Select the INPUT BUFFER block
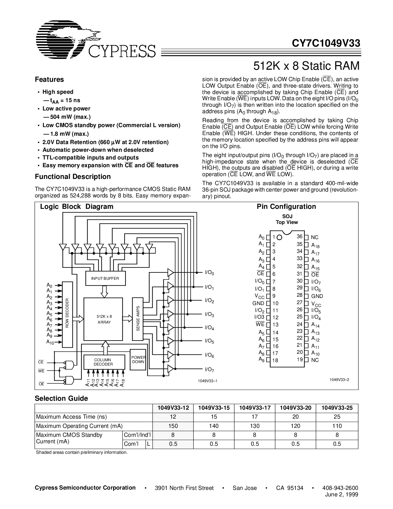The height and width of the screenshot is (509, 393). click(105, 278)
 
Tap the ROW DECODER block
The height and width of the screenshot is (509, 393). click(67, 313)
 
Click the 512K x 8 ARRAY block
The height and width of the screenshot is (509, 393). click(104, 319)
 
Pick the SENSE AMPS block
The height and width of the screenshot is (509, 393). click(138, 319)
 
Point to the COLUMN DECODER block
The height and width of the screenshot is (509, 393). click(103, 362)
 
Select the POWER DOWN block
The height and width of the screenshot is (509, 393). click(138, 359)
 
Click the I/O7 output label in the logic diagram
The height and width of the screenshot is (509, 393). click(210, 370)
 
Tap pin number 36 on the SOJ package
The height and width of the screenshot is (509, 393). click(300, 236)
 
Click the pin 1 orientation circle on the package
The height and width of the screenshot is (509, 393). click(279, 238)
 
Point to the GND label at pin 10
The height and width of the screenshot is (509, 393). click(258, 303)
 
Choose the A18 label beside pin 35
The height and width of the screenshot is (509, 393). click(315, 246)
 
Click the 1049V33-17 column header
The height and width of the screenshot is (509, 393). click(255, 408)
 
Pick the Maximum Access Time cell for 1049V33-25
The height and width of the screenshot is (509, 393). click(337, 417)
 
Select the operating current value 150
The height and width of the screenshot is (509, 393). click(173, 426)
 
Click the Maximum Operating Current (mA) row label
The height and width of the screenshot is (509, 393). click(79, 426)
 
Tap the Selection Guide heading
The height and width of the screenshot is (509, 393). click(61, 398)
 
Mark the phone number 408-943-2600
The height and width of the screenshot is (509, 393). click(340, 488)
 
